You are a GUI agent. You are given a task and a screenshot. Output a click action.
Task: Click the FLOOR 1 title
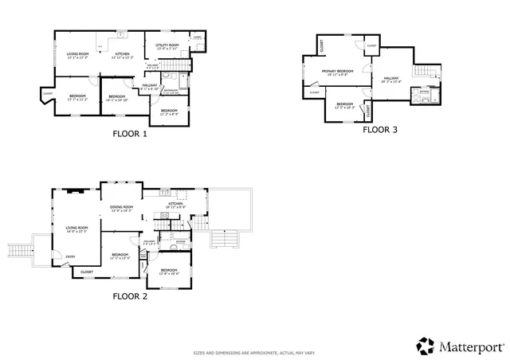pyautogui.click(x=129, y=134)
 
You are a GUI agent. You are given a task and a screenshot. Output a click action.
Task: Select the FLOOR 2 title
pyautogui.click(x=129, y=296)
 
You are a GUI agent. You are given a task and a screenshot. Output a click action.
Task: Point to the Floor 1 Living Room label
pyautogui.click(x=77, y=55)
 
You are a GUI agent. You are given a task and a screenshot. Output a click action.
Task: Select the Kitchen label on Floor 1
pyautogui.click(x=120, y=55)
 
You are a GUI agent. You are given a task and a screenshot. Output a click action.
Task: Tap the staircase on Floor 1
pyautogui.click(x=182, y=65)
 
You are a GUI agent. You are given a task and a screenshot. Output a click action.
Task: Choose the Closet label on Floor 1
pyautogui.click(x=48, y=95)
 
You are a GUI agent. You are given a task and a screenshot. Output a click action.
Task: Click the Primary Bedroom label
pyautogui.click(x=338, y=72)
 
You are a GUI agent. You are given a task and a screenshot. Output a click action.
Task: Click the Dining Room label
pyautogui.click(x=121, y=209)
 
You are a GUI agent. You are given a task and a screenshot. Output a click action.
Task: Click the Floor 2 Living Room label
pyautogui.click(x=76, y=229)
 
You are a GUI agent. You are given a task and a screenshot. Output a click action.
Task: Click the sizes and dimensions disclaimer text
pyautogui.click(x=254, y=352)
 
